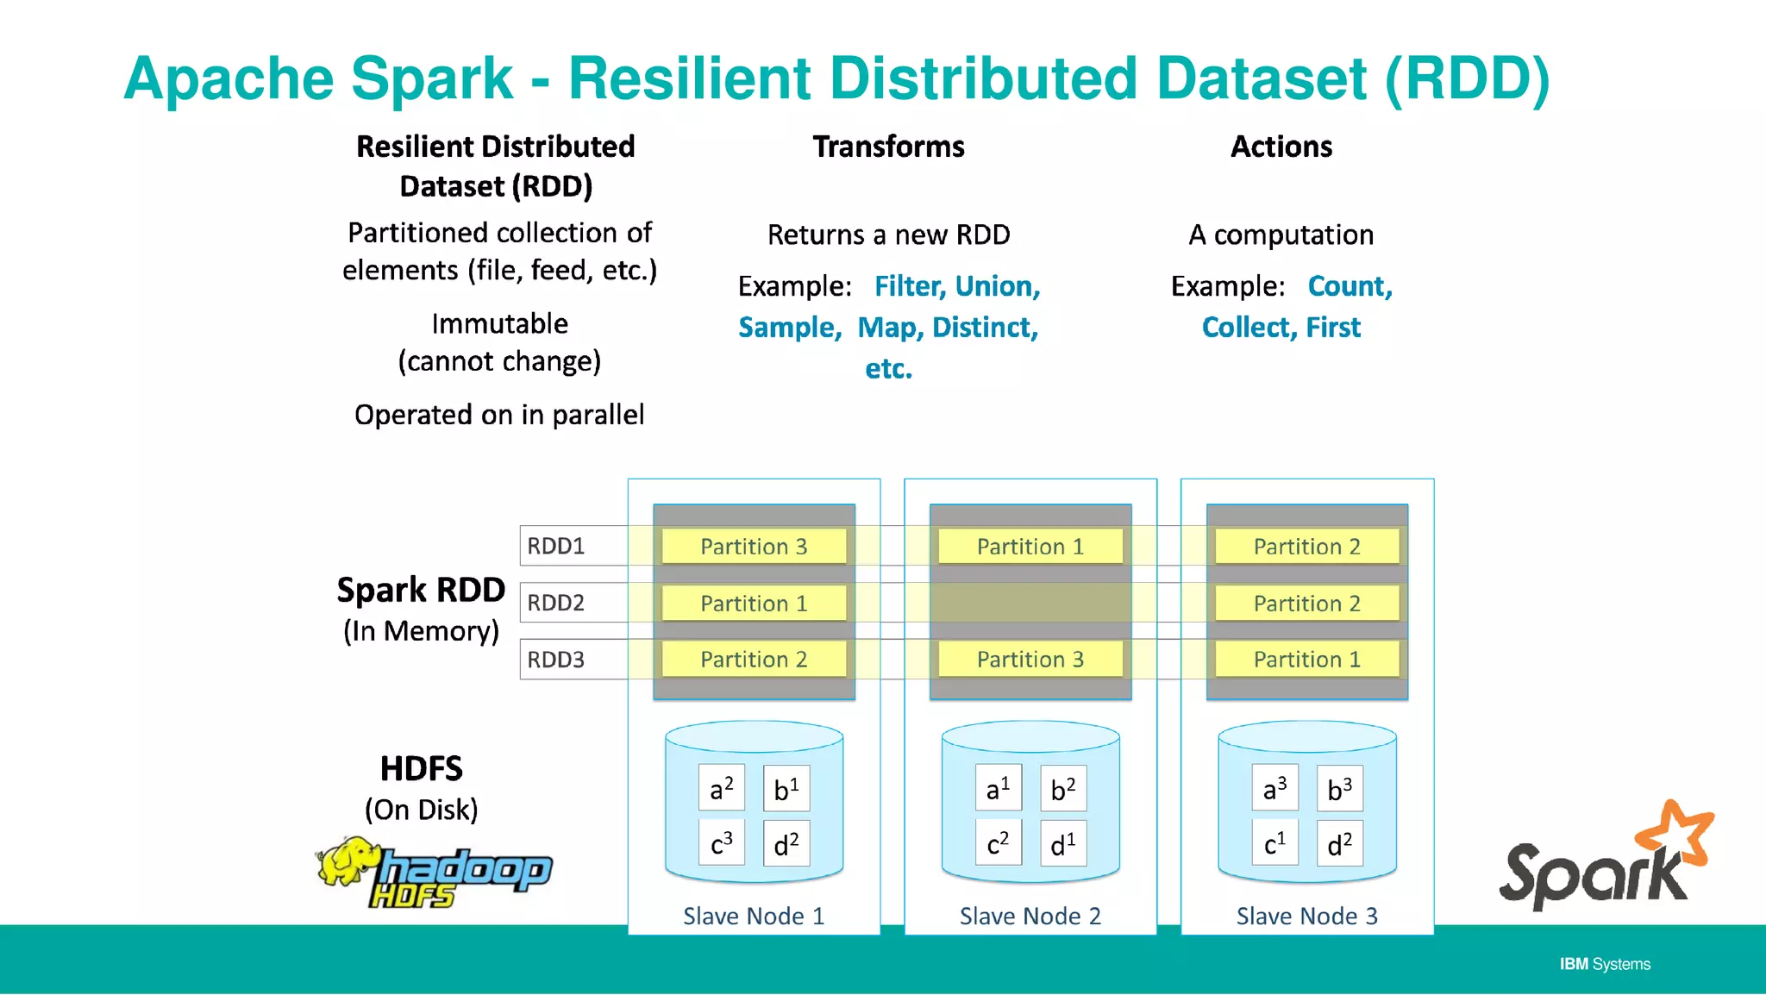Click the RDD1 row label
pyautogui.click(x=556, y=546)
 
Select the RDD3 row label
pyautogui.click(x=556, y=660)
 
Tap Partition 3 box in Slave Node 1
pyautogui.click(x=754, y=547)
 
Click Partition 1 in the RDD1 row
pyautogui.click(x=1030, y=547)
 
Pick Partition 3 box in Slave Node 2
pyautogui.click(x=1030, y=660)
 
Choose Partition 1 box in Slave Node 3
pyautogui.click(x=1306, y=660)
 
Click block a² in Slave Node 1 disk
pyautogui.click(x=721, y=788)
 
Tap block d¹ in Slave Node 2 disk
pyautogui.click(x=1062, y=843)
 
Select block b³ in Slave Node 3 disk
pyautogui.click(x=1339, y=788)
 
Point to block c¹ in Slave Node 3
pyautogui.click(x=1274, y=843)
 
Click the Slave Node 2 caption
pyautogui.click(x=1030, y=916)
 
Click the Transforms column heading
pyautogui.click(x=888, y=147)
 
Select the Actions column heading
pyautogui.click(x=1281, y=147)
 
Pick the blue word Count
pyautogui.click(x=1349, y=286)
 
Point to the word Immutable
pyautogui.click(x=499, y=324)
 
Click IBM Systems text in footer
pyautogui.click(x=1604, y=964)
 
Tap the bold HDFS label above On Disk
pyautogui.click(x=421, y=768)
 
